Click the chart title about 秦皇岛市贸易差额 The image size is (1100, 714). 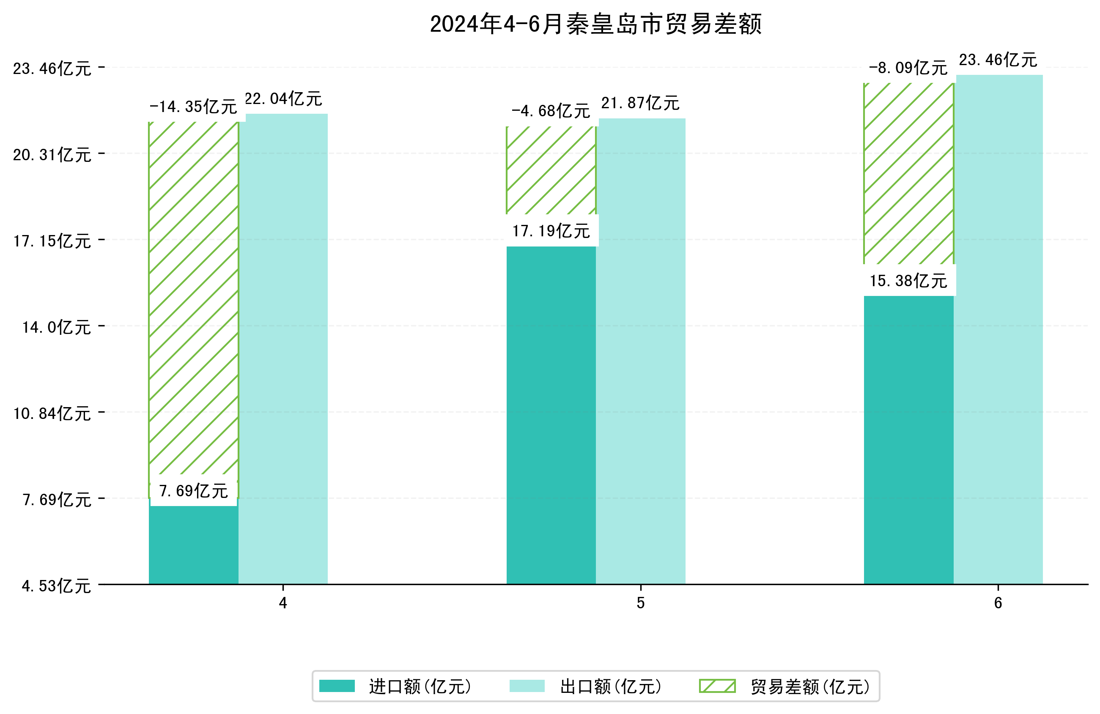point(595,24)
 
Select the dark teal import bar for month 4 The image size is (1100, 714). point(193,545)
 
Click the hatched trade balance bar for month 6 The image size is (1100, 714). point(908,173)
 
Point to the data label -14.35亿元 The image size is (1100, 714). point(193,107)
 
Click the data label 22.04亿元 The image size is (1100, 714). point(283,99)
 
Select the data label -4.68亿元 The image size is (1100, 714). point(551,111)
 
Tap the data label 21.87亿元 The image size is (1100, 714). point(640,103)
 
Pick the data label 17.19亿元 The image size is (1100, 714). point(551,231)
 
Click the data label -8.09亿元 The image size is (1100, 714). point(908,68)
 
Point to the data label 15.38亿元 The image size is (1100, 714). point(908,281)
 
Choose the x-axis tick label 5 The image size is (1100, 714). point(640,603)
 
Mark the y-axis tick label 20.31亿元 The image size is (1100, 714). point(52,155)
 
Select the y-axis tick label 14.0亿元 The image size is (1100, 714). point(56,327)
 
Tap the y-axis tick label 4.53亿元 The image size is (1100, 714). point(56,586)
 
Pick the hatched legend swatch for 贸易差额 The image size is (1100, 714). point(717,686)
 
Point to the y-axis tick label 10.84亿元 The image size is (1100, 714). point(52,413)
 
